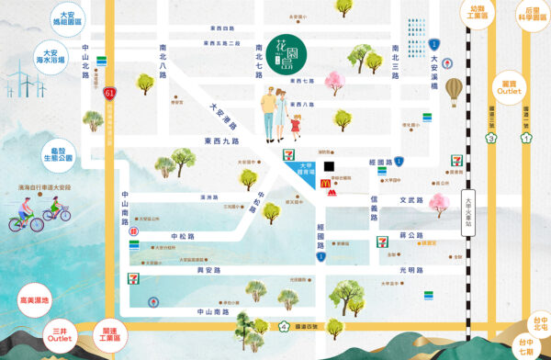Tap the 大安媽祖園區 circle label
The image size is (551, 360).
(x=66, y=20)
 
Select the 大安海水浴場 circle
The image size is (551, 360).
(x=54, y=57)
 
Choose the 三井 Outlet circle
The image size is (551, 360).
(x=60, y=334)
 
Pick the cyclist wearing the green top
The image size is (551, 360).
(x=56, y=212)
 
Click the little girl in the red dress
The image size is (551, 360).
(x=296, y=124)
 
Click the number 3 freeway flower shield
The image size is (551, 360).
(x=491, y=138)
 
